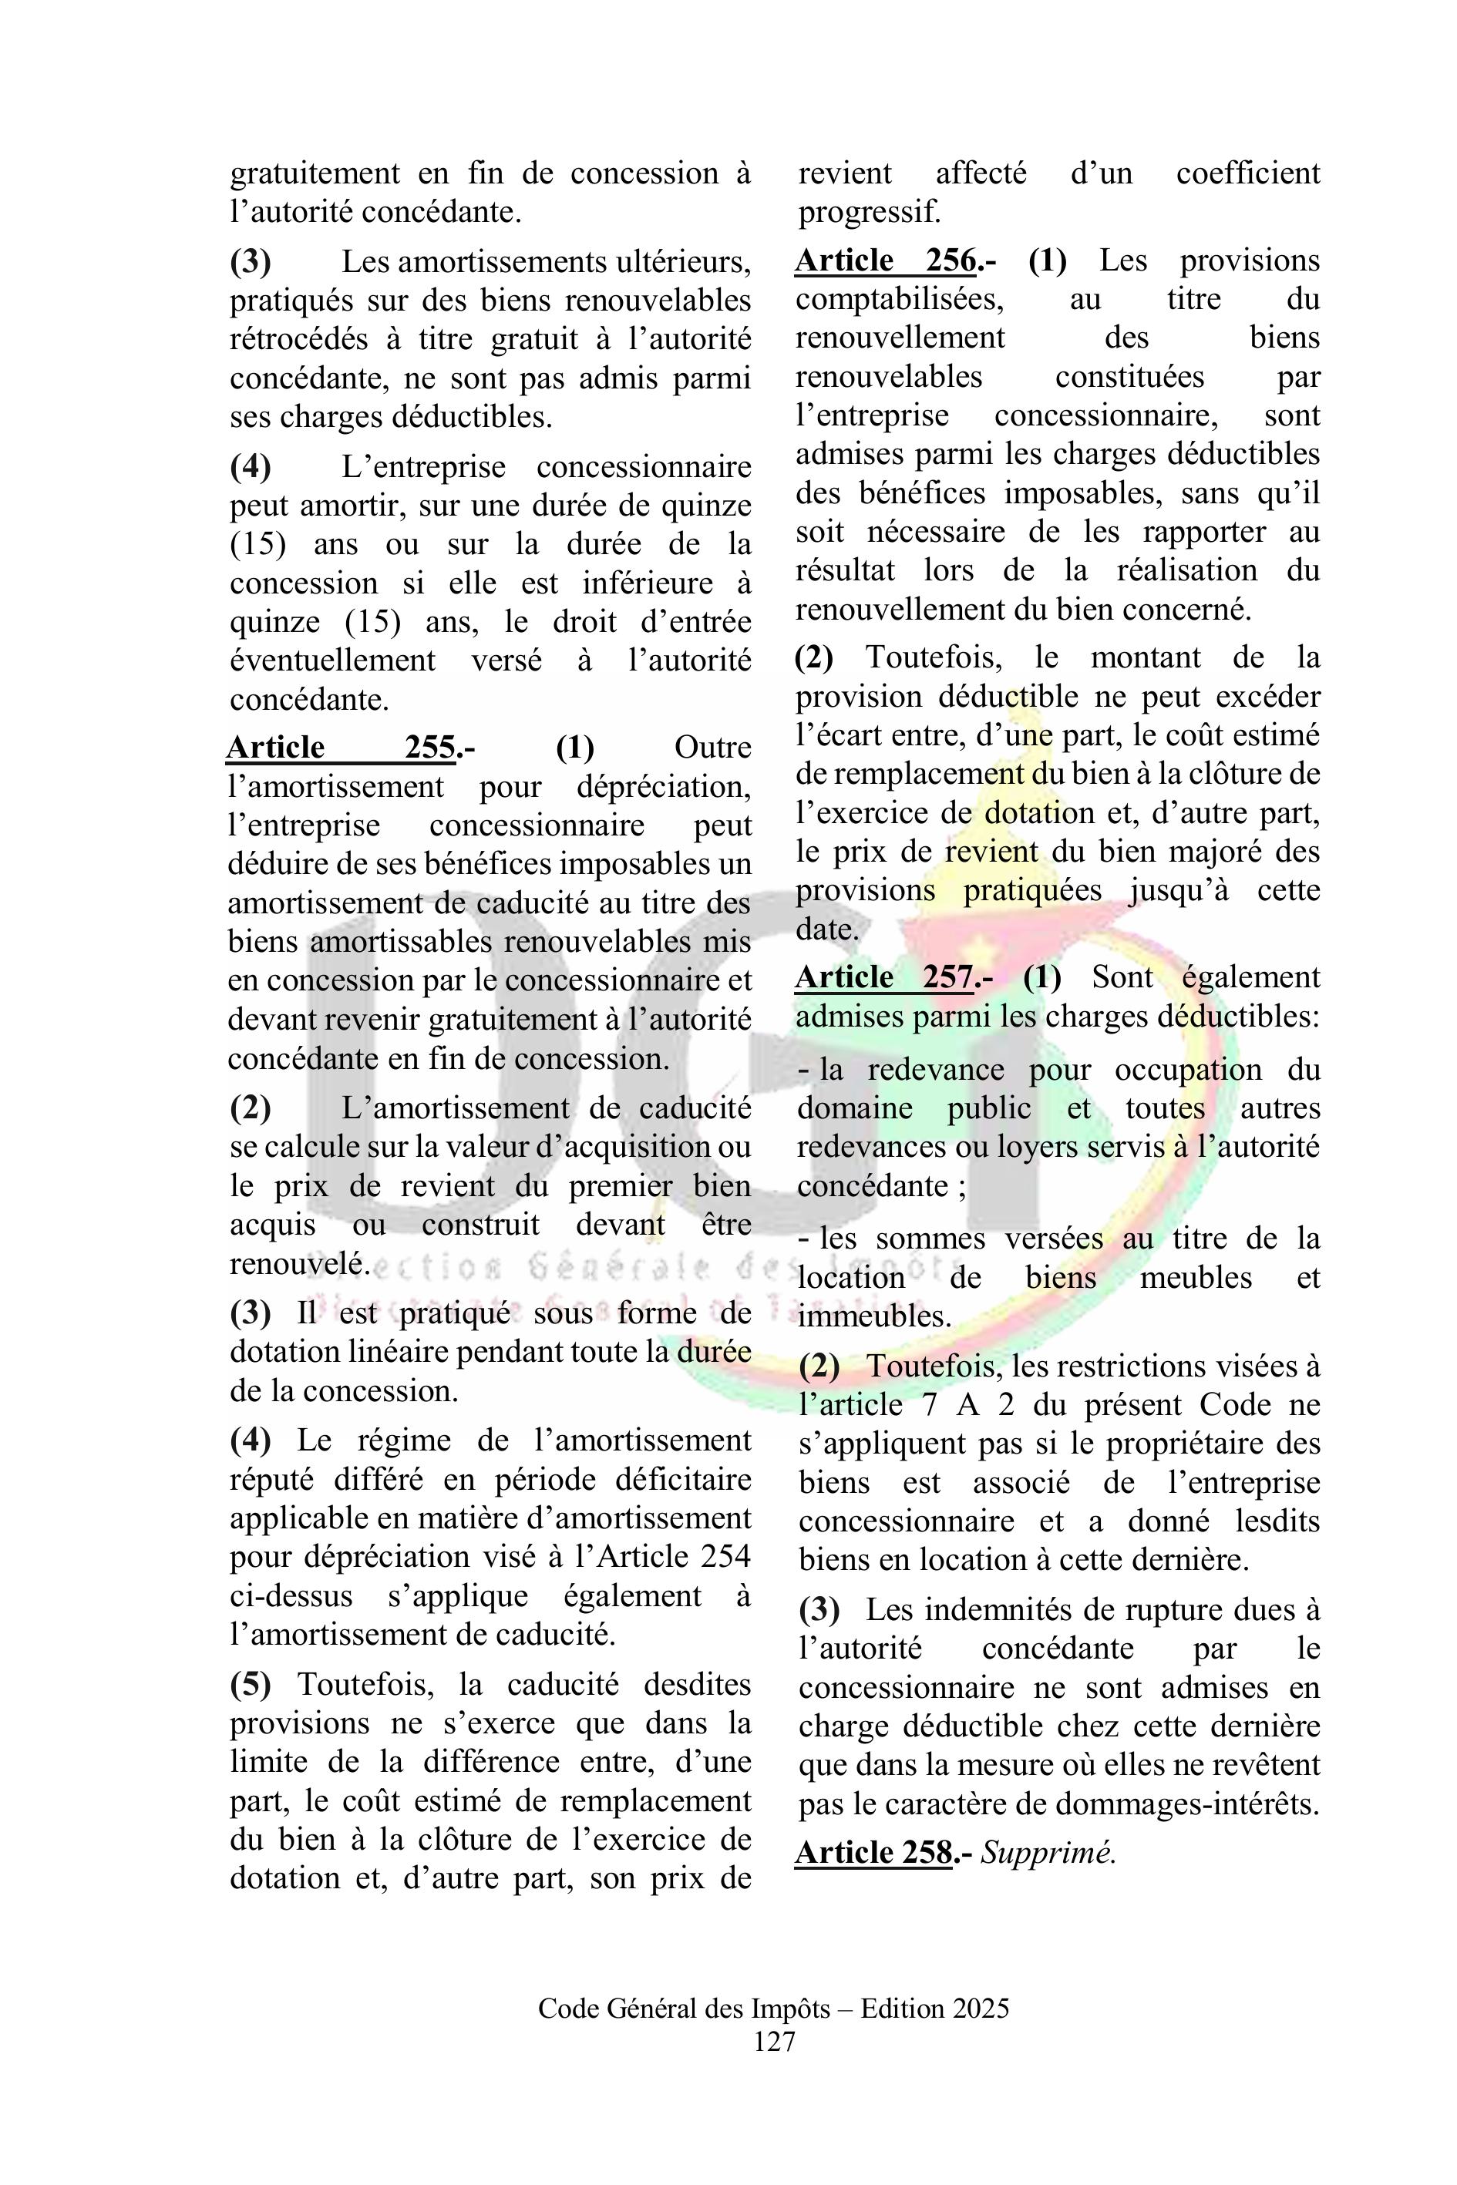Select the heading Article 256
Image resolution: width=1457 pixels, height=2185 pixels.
point(887,261)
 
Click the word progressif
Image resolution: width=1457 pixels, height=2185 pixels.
point(870,212)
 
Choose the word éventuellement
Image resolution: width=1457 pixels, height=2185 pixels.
point(333,661)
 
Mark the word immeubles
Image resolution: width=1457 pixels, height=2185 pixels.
point(874,1316)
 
